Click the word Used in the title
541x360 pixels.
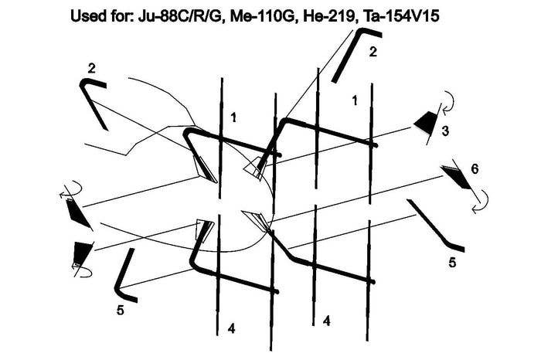(x=87, y=16)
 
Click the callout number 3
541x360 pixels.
(x=445, y=131)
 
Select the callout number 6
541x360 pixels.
(x=475, y=169)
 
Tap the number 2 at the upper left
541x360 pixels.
(x=91, y=69)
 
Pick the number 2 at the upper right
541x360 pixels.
(x=373, y=52)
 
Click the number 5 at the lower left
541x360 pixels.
(x=120, y=311)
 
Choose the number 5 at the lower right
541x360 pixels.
(x=452, y=263)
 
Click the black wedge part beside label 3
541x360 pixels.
(x=425, y=122)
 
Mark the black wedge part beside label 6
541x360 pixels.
(x=455, y=177)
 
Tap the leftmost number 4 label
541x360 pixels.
(x=232, y=328)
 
